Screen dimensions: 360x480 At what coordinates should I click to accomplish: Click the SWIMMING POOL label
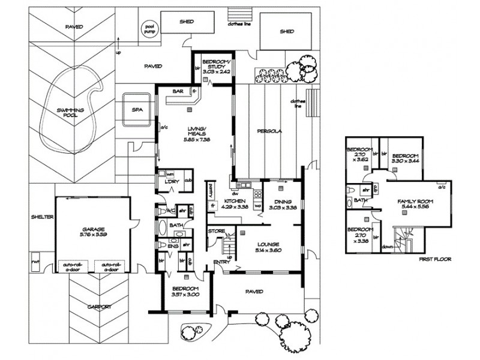[x=70, y=113]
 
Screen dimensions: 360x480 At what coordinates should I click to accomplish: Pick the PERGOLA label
[x=268, y=130]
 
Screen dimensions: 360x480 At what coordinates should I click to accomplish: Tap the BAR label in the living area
[x=177, y=92]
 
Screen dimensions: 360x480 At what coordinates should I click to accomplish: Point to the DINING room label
[x=281, y=202]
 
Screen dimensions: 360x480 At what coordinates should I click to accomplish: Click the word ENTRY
[x=221, y=262]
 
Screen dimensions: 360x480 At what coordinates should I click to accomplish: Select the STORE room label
[x=216, y=231]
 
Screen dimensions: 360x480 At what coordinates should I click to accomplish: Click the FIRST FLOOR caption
[x=433, y=259]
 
